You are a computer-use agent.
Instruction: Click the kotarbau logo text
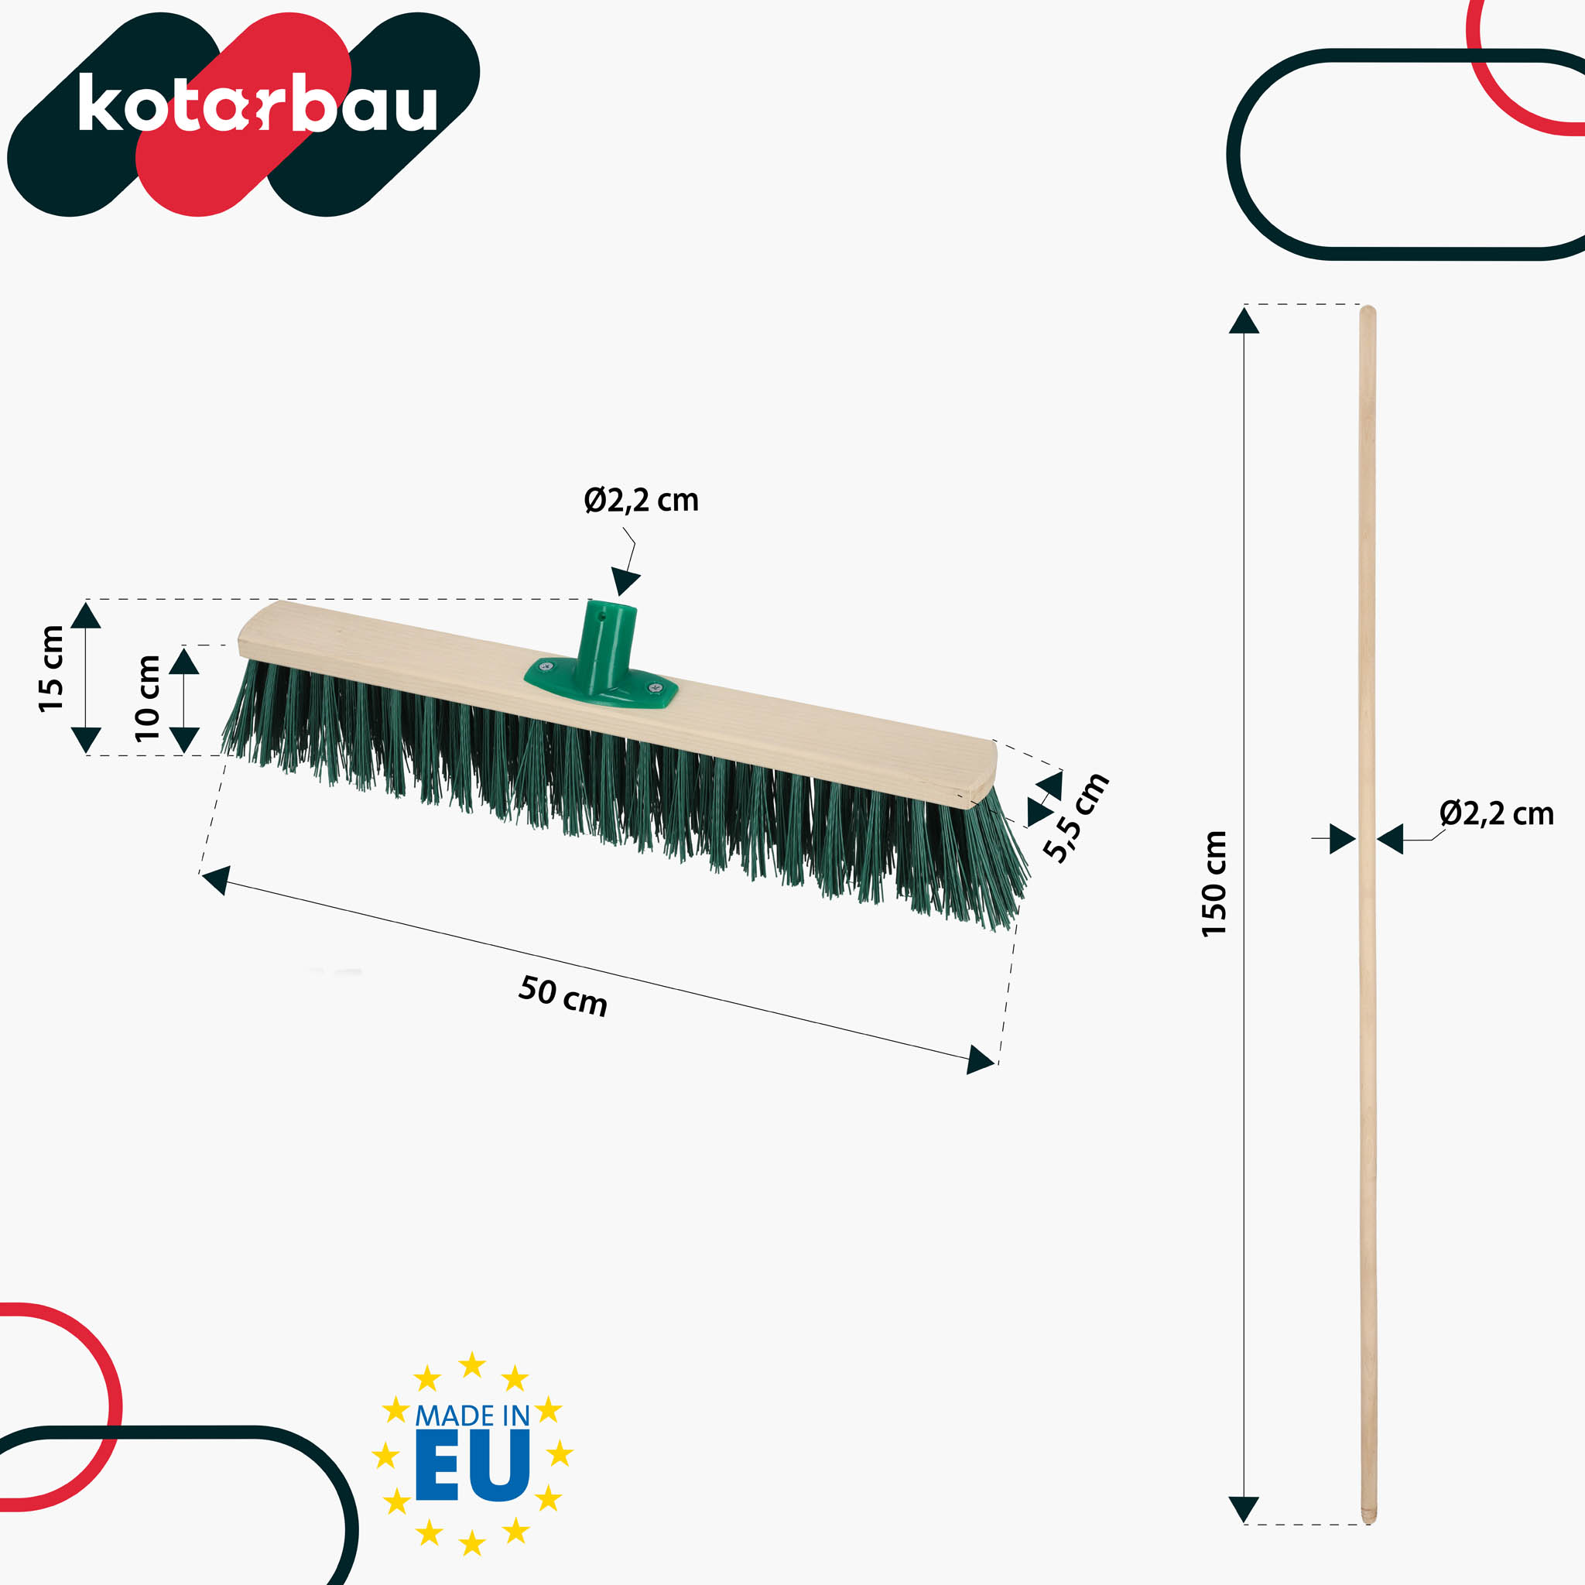coord(257,104)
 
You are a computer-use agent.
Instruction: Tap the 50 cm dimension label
coord(563,996)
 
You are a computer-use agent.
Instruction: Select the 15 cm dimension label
coord(52,669)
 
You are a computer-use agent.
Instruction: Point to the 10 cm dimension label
coord(148,698)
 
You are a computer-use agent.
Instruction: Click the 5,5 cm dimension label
coord(1076,817)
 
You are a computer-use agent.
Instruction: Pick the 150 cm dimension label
coord(1214,884)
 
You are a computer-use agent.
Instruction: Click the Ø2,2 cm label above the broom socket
coord(641,501)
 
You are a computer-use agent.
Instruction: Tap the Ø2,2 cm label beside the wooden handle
coord(1497,814)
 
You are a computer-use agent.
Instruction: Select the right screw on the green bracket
coord(654,687)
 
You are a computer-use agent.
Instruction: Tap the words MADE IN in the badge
coord(472,1416)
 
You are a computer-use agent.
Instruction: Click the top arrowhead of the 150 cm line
coord(1244,320)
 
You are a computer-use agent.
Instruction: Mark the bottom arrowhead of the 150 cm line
coord(1244,1508)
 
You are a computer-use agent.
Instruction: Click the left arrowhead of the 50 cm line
coord(216,878)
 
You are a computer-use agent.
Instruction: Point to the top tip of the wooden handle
coord(1368,310)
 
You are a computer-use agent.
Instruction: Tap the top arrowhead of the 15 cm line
coord(86,615)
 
